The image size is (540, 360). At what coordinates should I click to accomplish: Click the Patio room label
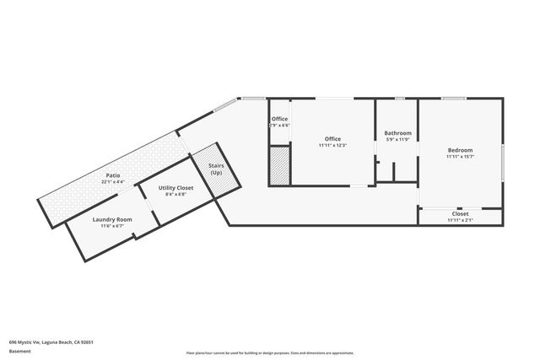[x=112, y=175]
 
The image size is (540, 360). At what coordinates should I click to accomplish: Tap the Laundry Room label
[x=112, y=219]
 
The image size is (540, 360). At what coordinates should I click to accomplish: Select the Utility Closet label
[x=175, y=188]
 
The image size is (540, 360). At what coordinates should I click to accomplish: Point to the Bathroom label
[x=397, y=133]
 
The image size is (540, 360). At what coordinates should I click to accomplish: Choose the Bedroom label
[x=460, y=150]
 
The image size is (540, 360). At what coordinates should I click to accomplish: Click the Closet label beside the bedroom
[x=460, y=214]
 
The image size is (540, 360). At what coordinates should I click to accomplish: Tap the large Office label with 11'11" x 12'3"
[x=332, y=138]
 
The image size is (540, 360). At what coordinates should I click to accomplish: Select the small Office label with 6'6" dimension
[x=278, y=119]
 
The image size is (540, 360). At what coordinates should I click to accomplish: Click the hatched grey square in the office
[x=279, y=164]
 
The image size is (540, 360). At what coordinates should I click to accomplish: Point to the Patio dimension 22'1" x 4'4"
[x=112, y=181]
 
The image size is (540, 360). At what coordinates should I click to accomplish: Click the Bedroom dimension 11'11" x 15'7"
[x=460, y=157]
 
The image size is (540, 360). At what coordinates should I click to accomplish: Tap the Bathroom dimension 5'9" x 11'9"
[x=397, y=140]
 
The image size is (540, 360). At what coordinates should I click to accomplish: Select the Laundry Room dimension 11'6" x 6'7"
[x=112, y=226]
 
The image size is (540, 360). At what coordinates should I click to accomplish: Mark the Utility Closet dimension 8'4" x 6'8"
[x=175, y=194]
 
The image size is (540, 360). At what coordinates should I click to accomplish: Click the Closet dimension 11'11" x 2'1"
[x=460, y=220]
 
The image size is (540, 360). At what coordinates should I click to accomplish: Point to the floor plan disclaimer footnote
[x=270, y=353]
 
